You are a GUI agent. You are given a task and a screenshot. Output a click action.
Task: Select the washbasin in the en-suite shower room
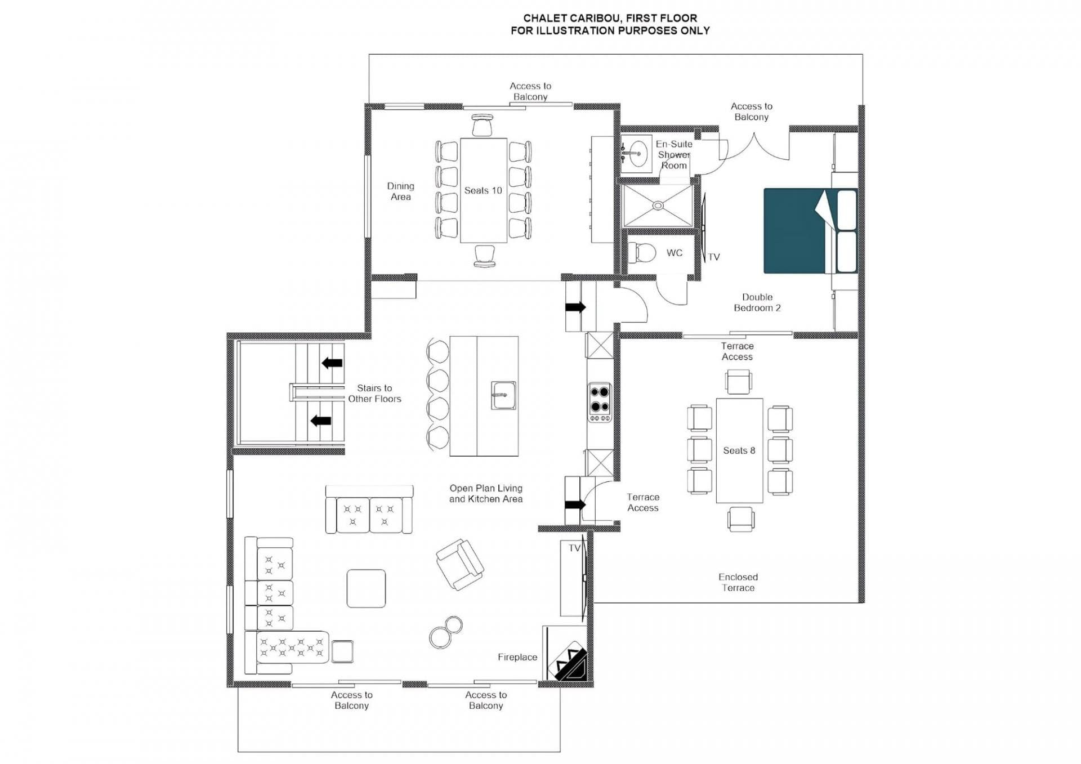click(637, 153)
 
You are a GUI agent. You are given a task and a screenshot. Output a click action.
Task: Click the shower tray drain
click(658, 206)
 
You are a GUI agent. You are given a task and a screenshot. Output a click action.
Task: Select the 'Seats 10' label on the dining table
click(483, 190)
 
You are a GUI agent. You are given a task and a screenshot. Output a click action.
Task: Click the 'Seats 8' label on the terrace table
click(739, 450)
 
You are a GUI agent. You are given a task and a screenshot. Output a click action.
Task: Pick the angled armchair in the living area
click(460, 564)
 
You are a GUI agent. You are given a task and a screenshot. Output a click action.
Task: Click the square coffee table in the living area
click(366, 588)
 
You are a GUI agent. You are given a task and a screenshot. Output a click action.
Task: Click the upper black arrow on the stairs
click(332, 363)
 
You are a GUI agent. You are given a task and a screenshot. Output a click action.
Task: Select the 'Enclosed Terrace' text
click(738, 582)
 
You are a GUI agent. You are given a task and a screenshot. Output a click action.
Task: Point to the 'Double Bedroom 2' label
click(757, 302)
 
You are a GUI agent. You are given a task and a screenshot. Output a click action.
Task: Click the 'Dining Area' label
click(400, 191)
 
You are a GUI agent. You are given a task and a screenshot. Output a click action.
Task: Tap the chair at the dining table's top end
click(483, 126)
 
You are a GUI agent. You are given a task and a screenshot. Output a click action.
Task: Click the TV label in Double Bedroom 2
click(714, 257)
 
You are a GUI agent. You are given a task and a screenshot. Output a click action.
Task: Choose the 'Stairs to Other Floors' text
click(374, 393)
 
